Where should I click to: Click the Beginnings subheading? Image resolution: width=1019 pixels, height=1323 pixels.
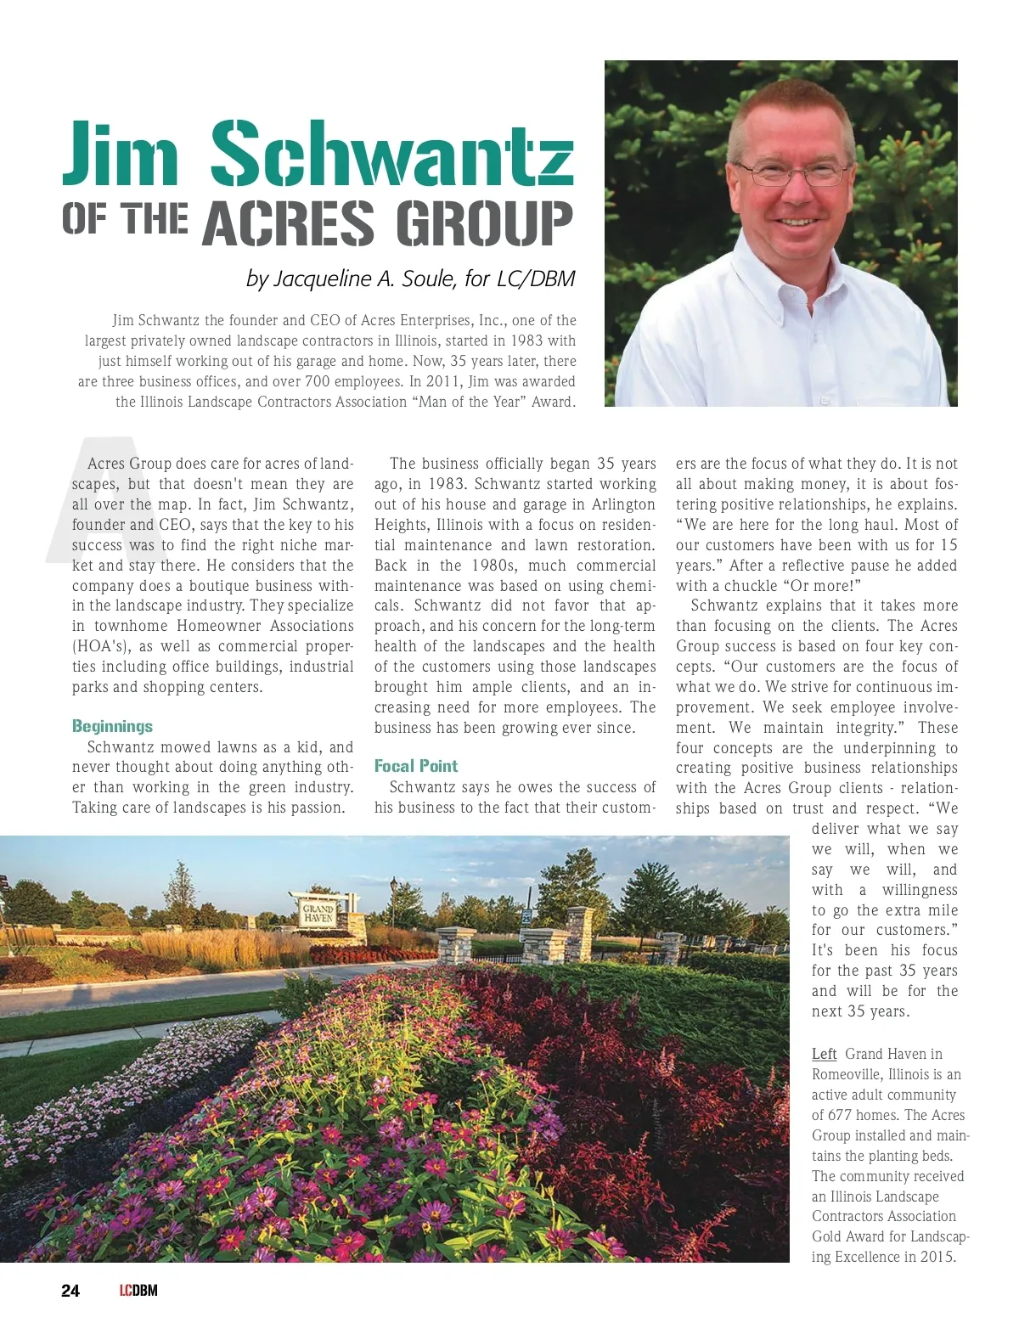[112, 726]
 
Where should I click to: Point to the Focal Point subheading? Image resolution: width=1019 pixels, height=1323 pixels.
[415, 766]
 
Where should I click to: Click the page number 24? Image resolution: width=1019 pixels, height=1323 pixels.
[70, 1291]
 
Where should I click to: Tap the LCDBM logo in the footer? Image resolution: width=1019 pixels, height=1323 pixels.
[138, 1291]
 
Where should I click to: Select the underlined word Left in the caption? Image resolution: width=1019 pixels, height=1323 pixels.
[824, 1055]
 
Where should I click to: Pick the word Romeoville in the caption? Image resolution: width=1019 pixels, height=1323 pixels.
[847, 1075]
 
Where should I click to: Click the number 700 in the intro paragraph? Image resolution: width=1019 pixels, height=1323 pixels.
[317, 382]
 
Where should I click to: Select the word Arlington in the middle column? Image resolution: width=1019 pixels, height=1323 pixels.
[623, 504]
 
